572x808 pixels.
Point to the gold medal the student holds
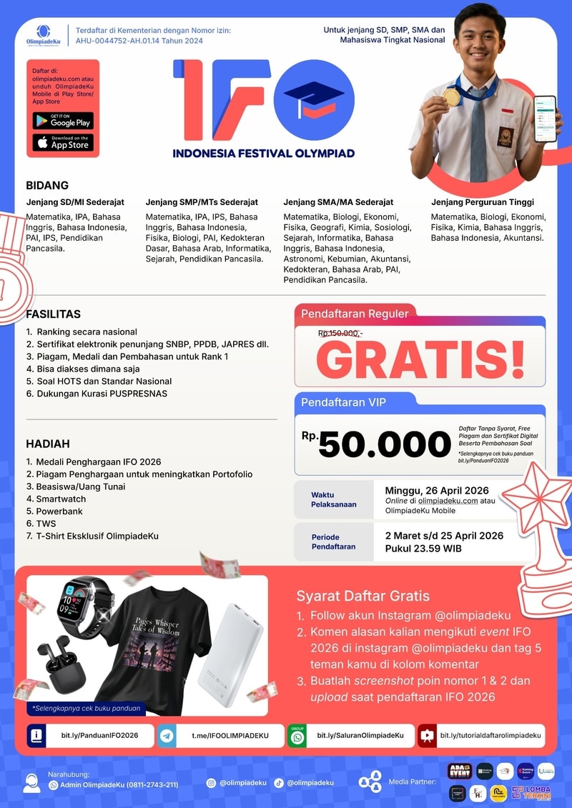click(x=450, y=96)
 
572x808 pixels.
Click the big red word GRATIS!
click(x=420, y=360)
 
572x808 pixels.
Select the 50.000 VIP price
click(x=385, y=444)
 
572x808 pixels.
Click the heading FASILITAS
click(x=54, y=314)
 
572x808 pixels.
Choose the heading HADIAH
click(x=47, y=443)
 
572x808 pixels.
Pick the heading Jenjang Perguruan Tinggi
click(x=483, y=202)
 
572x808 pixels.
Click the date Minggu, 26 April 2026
click(x=437, y=490)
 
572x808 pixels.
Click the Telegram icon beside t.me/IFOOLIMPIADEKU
click(x=167, y=735)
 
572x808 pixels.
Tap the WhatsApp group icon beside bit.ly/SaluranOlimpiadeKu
click(x=297, y=735)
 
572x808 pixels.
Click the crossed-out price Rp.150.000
click(x=340, y=333)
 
